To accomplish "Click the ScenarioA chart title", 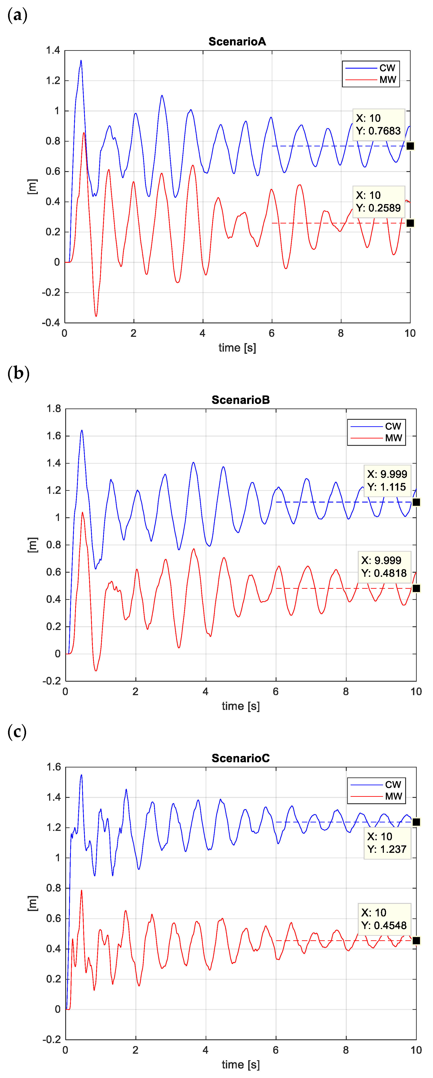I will (x=237, y=41).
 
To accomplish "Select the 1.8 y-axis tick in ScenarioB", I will (x=54, y=408).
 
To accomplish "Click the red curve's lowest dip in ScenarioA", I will (x=96, y=316).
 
